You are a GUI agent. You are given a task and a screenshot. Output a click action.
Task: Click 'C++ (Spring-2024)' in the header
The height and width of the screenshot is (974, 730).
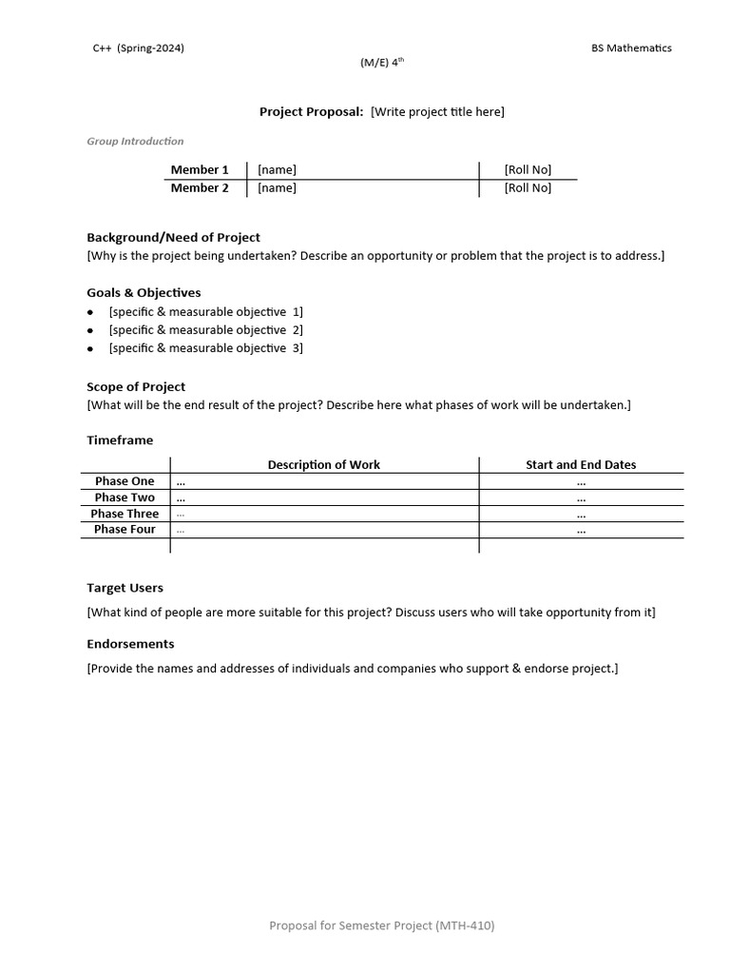pyautogui.click(x=138, y=49)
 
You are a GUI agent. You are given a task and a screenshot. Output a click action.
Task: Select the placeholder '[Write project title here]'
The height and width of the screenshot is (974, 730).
pyautogui.click(x=437, y=112)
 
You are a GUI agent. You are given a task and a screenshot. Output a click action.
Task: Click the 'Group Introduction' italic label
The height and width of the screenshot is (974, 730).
pyautogui.click(x=135, y=142)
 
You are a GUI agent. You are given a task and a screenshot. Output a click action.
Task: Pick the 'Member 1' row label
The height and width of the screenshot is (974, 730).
pyautogui.click(x=200, y=170)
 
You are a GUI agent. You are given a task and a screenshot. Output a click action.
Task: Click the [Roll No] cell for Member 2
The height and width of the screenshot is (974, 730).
pyautogui.click(x=528, y=188)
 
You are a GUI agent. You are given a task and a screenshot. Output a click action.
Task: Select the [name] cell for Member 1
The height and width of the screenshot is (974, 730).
pyautogui.click(x=277, y=170)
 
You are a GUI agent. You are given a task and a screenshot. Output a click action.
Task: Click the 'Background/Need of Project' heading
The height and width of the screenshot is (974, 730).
pyautogui.click(x=173, y=238)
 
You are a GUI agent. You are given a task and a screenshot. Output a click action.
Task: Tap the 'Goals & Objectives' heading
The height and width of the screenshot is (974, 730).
pyautogui.click(x=144, y=293)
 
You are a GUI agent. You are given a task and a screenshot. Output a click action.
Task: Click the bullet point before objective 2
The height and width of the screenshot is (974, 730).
pyautogui.click(x=90, y=330)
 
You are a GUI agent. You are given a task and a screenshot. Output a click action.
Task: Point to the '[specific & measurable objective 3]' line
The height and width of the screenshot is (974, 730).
pyautogui.click(x=205, y=348)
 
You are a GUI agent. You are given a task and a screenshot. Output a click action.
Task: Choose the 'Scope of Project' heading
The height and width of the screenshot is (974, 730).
pyautogui.click(x=136, y=387)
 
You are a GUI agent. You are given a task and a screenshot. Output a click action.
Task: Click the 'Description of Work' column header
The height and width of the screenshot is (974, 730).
pyautogui.click(x=323, y=465)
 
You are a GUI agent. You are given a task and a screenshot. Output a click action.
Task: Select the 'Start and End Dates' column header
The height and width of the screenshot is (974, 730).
pyautogui.click(x=581, y=465)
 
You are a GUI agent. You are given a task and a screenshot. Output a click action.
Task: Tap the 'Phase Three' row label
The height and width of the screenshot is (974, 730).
pyautogui.click(x=125, y=514)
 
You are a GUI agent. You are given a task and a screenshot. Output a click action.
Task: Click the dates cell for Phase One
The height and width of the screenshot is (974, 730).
pyautogui.click(x=581, y=482)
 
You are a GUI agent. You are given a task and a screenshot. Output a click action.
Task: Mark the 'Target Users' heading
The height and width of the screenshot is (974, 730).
pyautogui.click(x=125, y=589)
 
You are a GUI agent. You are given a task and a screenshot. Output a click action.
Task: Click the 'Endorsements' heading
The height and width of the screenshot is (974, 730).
pyautogui.click(x=130, y=644)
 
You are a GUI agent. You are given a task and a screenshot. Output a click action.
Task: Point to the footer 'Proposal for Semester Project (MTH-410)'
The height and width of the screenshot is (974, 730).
pyautogui.click(x=382, y=925)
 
